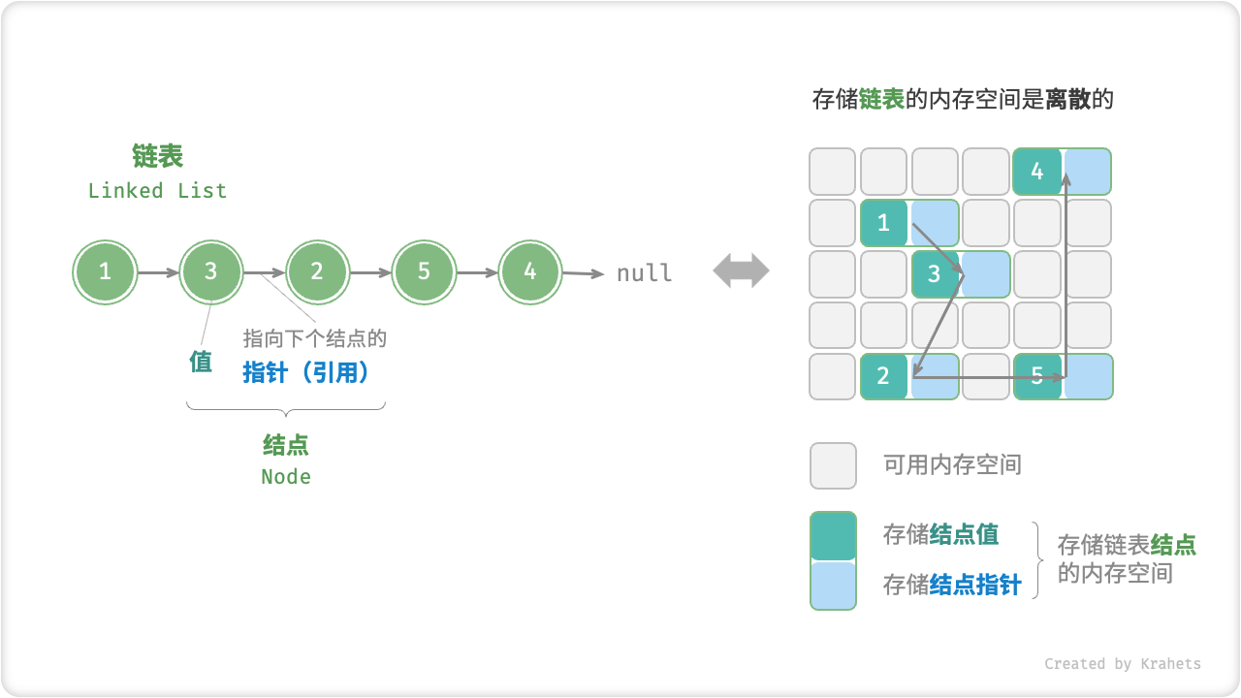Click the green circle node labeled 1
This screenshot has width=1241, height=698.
[x=105, y=272]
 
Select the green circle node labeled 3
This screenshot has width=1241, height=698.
[x=210, y=272]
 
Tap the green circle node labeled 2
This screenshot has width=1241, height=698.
[x=317, y=272]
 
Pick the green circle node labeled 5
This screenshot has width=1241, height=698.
[x=424, y=272]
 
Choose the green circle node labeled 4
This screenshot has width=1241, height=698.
[x=529, y=272]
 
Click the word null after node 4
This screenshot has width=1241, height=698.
[x=644, y=273]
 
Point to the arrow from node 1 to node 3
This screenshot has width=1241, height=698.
[x=158, y=273]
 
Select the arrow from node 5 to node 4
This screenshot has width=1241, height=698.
[x=477, y=273]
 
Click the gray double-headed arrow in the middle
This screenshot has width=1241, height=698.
[x=741, y=271]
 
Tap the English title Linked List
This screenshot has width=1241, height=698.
[x=157, y=191]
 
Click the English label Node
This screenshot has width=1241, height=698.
[x=286, y=477]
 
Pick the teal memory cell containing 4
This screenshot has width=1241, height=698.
[x=1037, y=172]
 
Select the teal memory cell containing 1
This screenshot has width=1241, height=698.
[x=883, y=223]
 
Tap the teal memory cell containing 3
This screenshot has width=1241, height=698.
[x=935, y=274]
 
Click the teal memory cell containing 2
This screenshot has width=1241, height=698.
[x=883, y=376]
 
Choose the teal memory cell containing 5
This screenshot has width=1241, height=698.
[x=1037, y=376]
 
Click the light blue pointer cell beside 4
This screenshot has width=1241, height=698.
[x=1088, y=172]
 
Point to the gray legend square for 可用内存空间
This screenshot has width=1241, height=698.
[x=833, y=465]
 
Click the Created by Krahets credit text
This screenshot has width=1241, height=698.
[x=1122, y=664]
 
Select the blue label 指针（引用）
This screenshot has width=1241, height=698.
[x=306, y=373]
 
